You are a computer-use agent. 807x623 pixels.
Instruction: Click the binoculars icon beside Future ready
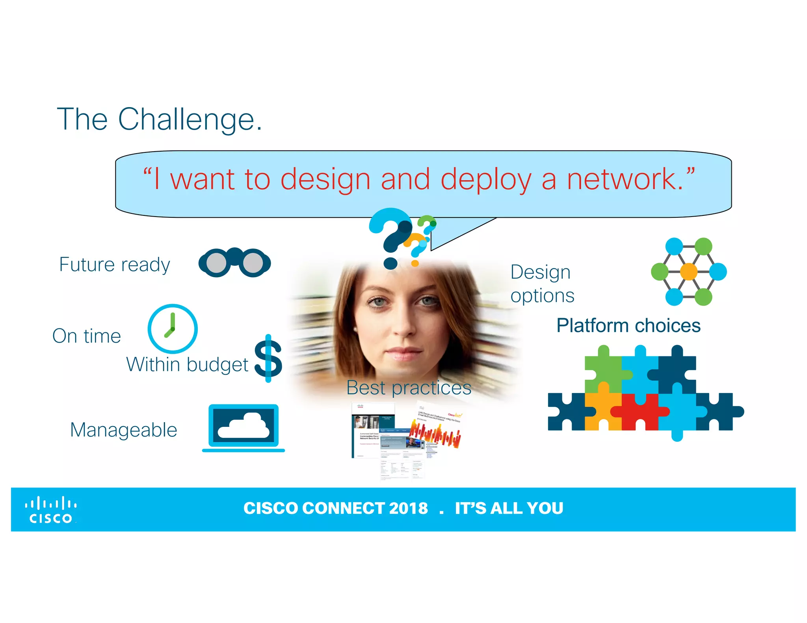click(x=234, y=262)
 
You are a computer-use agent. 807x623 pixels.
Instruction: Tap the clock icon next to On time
click(x=172, y=328)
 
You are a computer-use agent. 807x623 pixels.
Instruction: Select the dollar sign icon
click(x=268, y=358)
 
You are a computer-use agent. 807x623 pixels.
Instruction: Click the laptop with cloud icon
click(x=244, y=427)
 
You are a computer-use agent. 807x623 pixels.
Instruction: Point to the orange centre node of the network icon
click(x=689, y=271)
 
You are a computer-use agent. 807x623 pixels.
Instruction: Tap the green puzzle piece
click(x=602, y=368)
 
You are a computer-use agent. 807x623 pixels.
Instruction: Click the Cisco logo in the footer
click(x=51, y=510)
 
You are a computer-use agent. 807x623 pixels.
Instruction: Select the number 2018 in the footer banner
click(x=408, y=508)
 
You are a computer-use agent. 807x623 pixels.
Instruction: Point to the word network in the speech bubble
click(x=625, y=180)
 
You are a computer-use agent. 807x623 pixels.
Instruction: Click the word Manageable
click(x=123, y=430)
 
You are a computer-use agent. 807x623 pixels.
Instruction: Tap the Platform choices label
click(x=628, y=326)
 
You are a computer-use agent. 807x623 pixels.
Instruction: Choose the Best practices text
click(x=409, y=388)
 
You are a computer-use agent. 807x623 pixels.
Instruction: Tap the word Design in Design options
click(x=540, y=272)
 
